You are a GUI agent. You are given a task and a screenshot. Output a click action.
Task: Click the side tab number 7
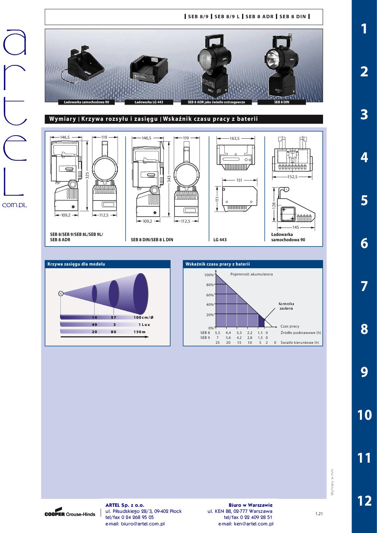(x=364, y=286)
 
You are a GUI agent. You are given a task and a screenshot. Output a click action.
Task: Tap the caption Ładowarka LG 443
(x=149, y=102)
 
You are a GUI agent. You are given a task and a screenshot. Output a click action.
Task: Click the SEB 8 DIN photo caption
(x=282, y=102)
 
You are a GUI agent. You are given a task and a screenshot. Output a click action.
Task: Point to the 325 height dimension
(x=87, y=176)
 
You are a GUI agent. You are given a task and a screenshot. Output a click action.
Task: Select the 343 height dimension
(x=169, y=179)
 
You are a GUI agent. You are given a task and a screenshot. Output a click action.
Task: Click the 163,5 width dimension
(x=234, y=138)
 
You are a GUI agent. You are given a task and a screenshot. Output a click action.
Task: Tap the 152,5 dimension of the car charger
(x=292, y=177)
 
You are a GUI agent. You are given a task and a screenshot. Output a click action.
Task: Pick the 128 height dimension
(x=274, y=205)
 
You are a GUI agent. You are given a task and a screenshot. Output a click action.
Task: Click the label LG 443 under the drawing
(x=220, y=240)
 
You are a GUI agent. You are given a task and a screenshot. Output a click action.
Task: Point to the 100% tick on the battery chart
(x=209, y=275)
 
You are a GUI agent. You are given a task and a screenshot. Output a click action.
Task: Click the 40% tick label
(x=210, y=305)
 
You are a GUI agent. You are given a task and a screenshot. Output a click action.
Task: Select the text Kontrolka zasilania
(x=286, y=306)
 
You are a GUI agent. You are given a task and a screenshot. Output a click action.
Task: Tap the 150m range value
(x=139, y=332)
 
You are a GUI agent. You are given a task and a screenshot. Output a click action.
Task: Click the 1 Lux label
(x=144, y=324)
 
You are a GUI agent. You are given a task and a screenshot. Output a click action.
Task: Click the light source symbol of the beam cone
(x=61, y=294)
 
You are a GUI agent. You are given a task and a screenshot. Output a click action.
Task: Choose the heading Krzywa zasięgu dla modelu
(x=76, y=264)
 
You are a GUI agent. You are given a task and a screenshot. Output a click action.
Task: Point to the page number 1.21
(x=319, y=514)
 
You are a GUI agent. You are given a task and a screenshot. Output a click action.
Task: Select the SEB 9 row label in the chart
(x=205, y=338)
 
